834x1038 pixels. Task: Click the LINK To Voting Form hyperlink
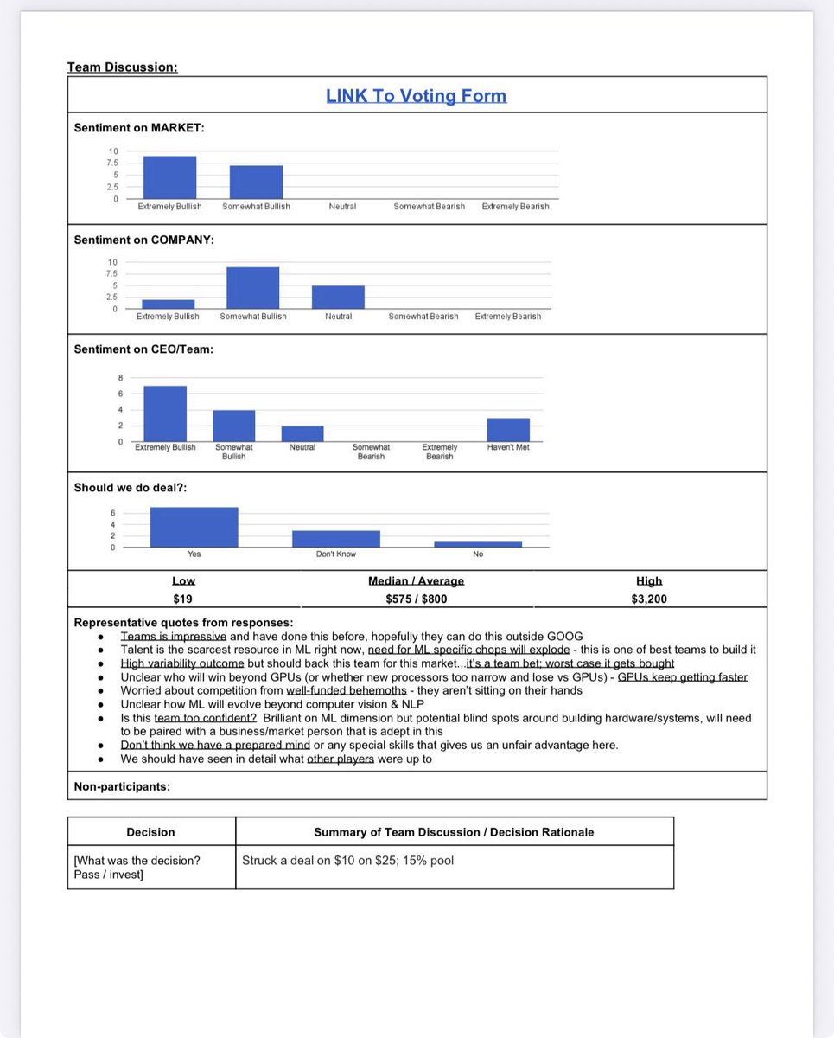click(x=416, y=96)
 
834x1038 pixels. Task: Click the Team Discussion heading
click(x=122, y=67)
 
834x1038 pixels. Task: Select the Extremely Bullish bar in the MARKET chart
click(x=169, y=177)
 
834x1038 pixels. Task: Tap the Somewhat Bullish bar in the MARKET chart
click(x=256, y=182)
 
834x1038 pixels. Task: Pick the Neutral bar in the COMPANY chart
click(x=338, y=297)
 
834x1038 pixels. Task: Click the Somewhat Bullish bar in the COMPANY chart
click(x=252, y=287)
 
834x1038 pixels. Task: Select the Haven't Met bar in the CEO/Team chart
click(x=508, y=430)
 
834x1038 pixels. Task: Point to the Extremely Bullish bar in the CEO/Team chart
click(x=165, y=413)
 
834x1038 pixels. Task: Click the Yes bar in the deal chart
click(x=194, y=527)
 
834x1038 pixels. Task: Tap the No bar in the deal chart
click(x=478, y=544)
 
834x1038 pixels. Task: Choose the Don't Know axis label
click(x=335, y=554)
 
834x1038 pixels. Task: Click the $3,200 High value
click(x=649, y=599)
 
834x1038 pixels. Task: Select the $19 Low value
click(x=182, y=599)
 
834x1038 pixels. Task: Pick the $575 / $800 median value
click(x=416, y=599)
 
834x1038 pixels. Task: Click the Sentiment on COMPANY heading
click(x=144, y=240)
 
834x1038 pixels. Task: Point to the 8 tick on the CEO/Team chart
click(x=120, y=378)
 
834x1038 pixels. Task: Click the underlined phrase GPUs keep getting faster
click(x=682, y=677)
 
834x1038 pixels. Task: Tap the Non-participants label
click(x=122, y=787)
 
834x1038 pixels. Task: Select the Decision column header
click(x=150, y=832)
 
